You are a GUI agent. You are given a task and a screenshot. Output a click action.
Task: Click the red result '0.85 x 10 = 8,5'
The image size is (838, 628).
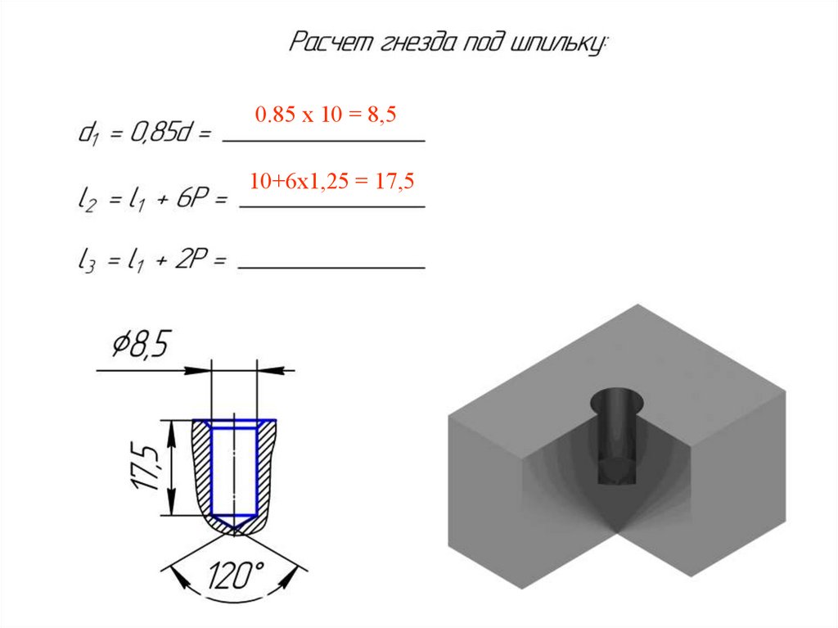326,114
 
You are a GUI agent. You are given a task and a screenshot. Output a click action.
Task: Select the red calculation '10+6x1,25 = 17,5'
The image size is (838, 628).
331,181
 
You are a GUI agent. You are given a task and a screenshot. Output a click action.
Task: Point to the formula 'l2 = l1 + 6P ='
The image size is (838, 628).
152,200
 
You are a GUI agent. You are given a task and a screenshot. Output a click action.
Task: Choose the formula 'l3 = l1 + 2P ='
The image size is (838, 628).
152,260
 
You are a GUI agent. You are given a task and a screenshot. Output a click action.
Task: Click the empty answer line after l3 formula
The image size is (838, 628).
331,267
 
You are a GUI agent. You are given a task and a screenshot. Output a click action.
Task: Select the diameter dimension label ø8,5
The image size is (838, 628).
141,344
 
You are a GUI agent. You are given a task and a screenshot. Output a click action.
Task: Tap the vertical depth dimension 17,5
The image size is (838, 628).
145,467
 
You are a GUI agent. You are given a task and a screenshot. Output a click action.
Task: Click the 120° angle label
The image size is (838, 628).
236,575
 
